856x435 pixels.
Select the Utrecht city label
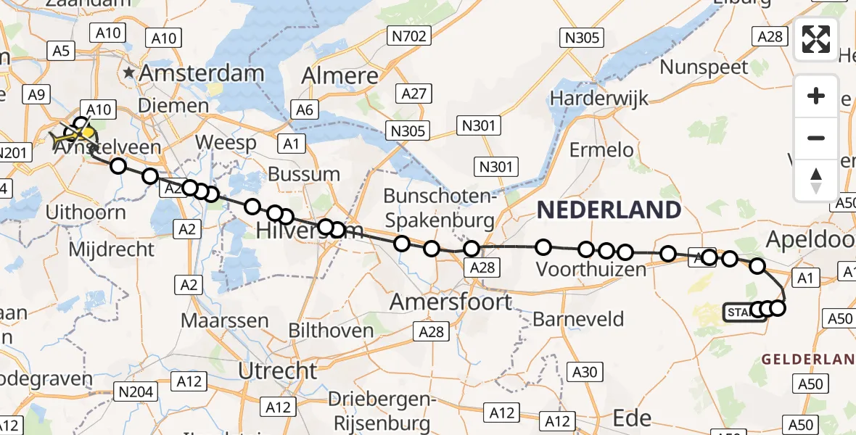click(279, 371)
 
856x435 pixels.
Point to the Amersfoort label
click(451, 302)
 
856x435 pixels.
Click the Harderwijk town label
click(599, 97)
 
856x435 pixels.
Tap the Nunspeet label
click(704, 68)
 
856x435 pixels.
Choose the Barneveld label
click(578, 318)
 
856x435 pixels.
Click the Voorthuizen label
click(590, 270)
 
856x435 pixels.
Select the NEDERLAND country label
click(609, 210)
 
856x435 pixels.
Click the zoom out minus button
click(816, 138)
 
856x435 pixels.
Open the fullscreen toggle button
click(816, 39)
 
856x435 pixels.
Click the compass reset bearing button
click(816, 180)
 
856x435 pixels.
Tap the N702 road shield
click(411, 36)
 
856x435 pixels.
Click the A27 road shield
click(415, 93)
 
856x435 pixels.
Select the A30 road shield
click(584, 372)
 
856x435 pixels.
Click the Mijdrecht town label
click(111, 249)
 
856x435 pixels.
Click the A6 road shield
click(304, 109)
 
